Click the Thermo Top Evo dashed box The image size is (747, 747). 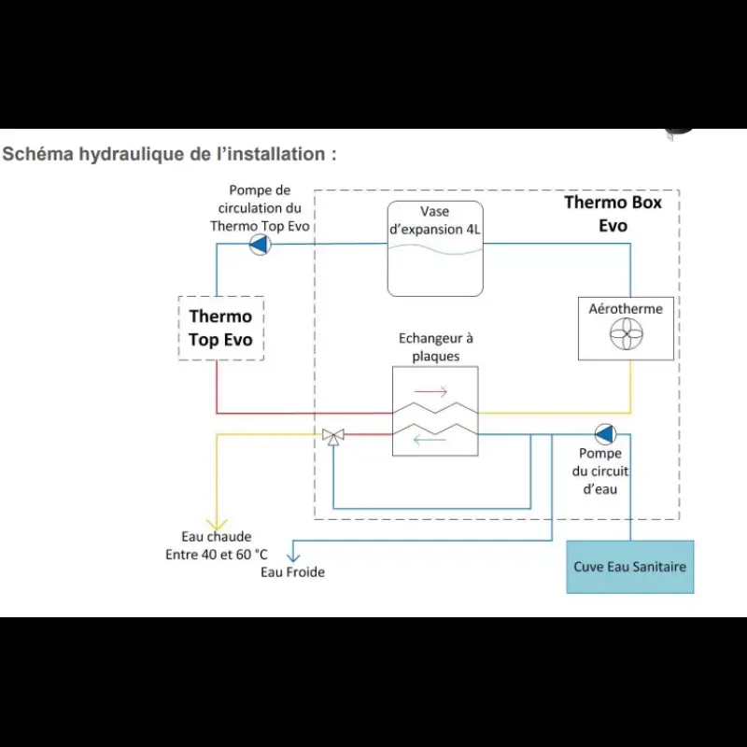tap(178, 329)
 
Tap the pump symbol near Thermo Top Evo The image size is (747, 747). tap(261, 245)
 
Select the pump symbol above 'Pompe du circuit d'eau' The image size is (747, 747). tap(605, 434)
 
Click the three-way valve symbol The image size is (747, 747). tap(333, 436)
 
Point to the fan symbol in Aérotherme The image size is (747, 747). tap(626, 333)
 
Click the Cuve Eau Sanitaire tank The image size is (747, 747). tap(629, 567)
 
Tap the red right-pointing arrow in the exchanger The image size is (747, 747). tap(430, 391)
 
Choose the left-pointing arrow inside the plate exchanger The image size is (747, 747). tap(430, 440)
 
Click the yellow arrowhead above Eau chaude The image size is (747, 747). tap(217, 525)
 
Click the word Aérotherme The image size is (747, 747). tap(626, 309)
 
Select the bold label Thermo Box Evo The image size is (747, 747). tap(613, 214)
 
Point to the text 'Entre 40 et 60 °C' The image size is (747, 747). tap(217, 555)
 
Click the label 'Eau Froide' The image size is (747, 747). tap(292, 571)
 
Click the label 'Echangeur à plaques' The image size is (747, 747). tap(435, 347)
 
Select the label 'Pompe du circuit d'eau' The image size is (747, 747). tap(600, 472)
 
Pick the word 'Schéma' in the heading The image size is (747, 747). tap(37, 154)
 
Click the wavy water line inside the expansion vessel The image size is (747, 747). tap(435, 249)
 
